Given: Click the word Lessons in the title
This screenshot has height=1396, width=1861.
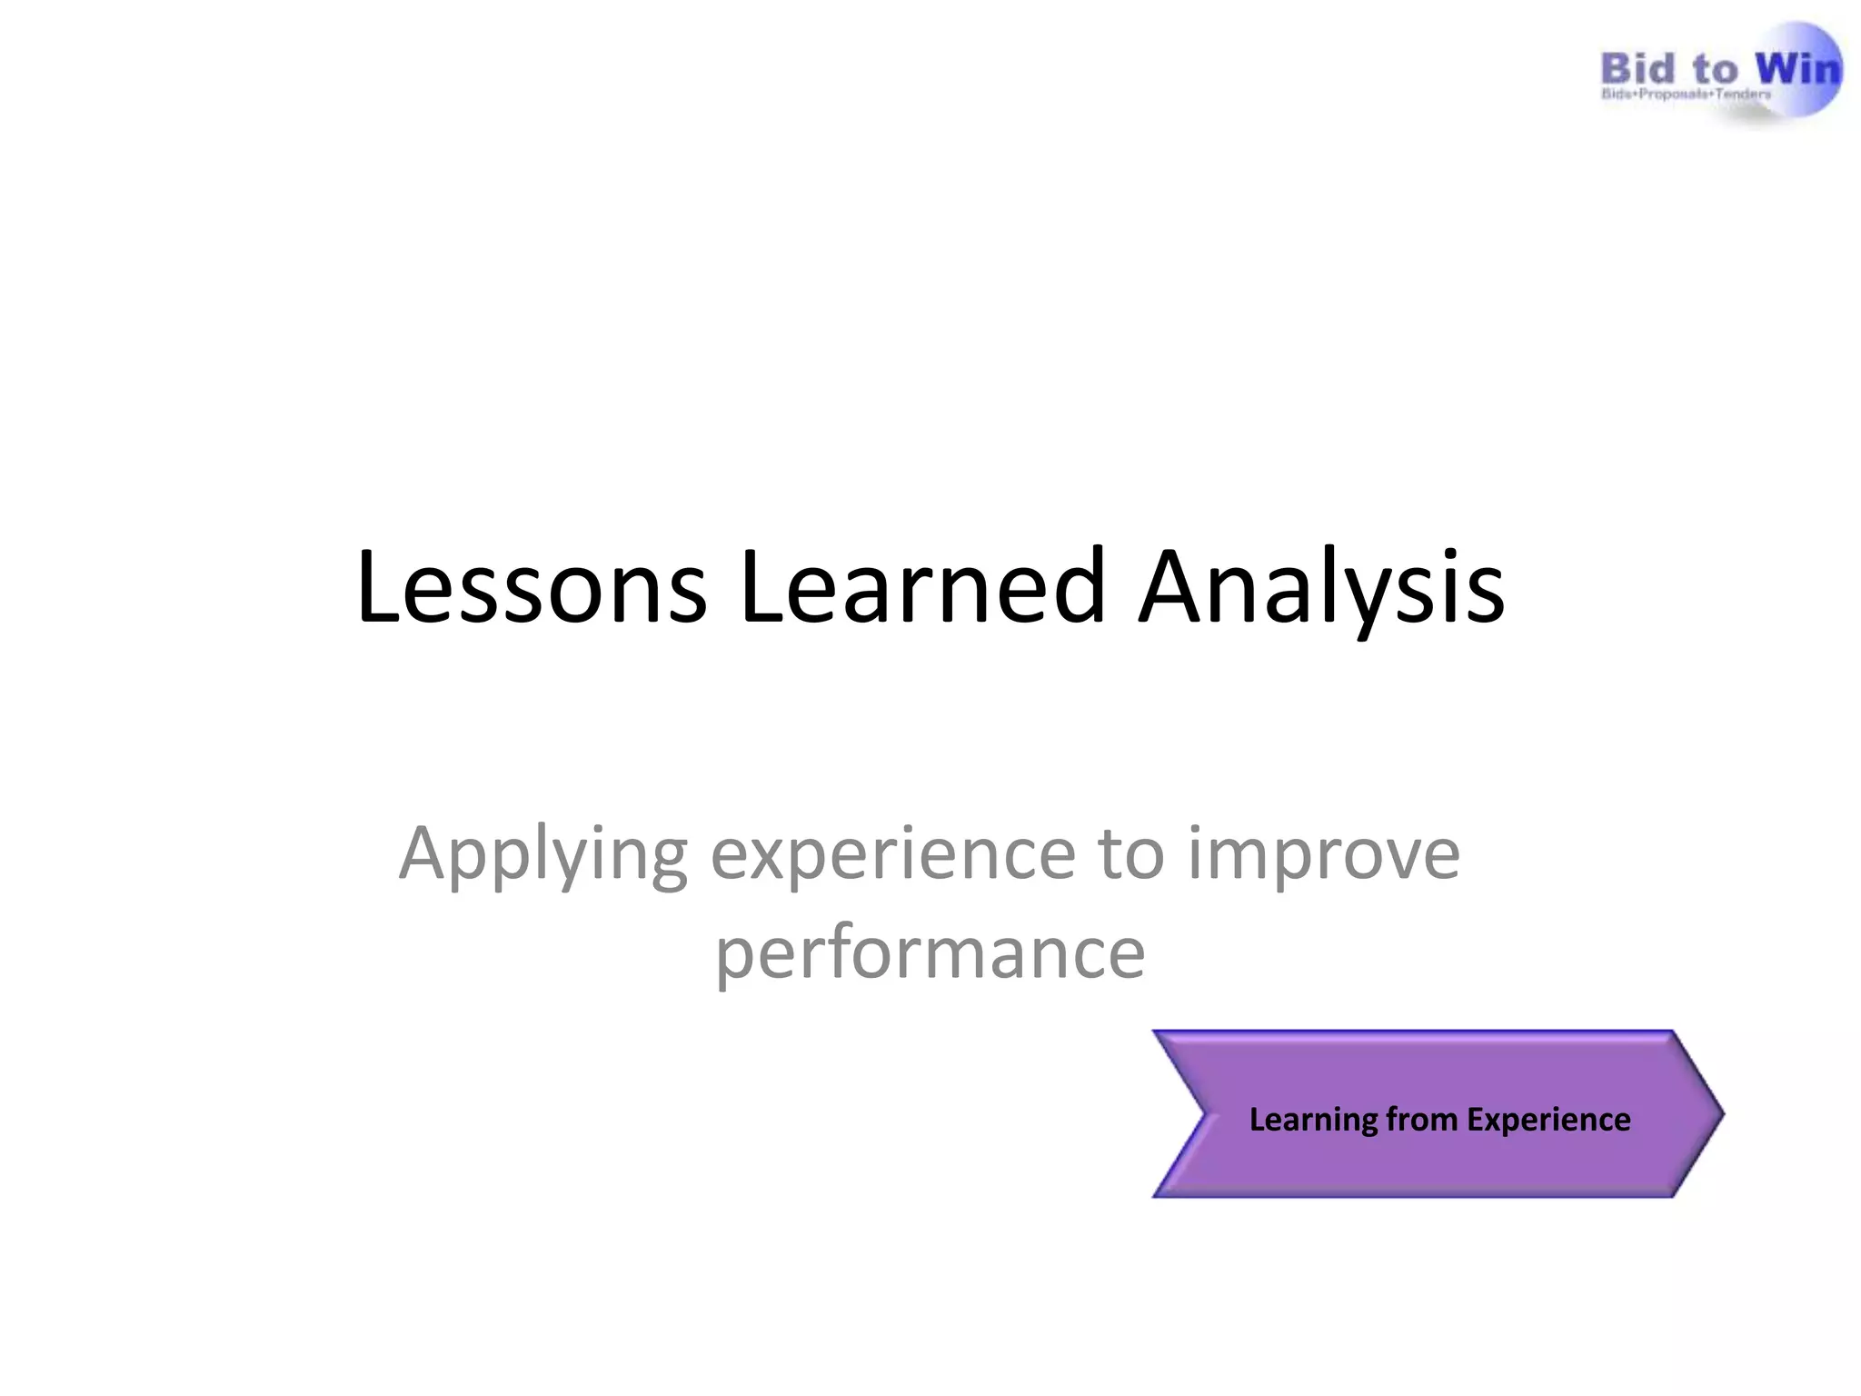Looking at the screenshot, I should (532, 588).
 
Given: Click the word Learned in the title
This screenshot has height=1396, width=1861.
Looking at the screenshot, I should (922, 588).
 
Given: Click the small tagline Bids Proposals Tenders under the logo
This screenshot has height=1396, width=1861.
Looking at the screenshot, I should (1686, 95).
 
